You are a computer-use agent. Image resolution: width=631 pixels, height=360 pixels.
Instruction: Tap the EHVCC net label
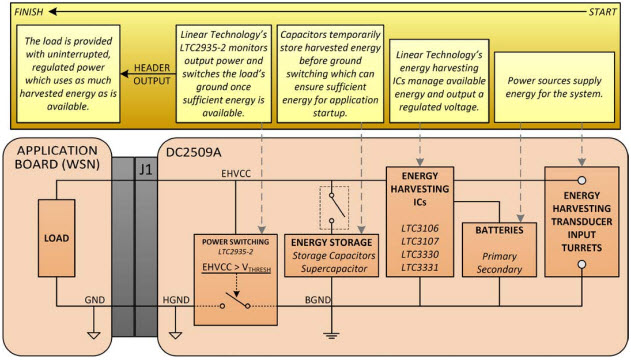pyautogui.click(x=235, y=173)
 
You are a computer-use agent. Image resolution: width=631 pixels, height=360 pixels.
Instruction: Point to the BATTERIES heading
pyautogui.click(x=497, y=229)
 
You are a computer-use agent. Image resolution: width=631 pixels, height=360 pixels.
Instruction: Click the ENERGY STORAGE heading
pyautogui.click(x=331, y=242)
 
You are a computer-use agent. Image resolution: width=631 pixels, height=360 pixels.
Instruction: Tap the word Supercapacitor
pyautogui.click(x=331, y=270)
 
